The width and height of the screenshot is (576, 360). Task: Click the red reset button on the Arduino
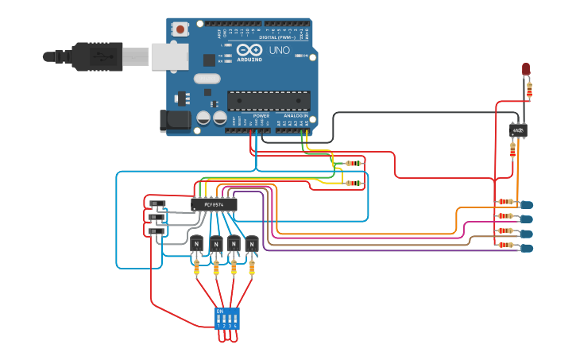(181, 29)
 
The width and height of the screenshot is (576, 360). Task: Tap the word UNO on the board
(280, 50)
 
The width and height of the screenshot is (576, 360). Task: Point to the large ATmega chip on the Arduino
(269, 101)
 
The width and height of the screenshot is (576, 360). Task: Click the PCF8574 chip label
(215, 204)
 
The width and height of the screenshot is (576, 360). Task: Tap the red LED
(526, 69)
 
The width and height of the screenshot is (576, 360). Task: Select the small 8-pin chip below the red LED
(518, 130)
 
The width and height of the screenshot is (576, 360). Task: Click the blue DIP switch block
(226, 319)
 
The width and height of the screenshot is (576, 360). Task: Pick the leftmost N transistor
(196, 243)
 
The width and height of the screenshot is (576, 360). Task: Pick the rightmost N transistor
(252, 243)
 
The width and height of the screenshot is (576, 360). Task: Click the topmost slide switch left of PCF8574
(157, 203)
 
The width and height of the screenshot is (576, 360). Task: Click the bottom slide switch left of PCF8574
(157, 231)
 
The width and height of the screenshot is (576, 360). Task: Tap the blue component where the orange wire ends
(526, 205)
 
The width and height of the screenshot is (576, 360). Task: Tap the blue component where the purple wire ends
(526, 249)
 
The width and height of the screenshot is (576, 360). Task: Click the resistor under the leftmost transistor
(197, 268)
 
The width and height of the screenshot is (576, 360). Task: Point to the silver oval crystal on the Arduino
(206, 79)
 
